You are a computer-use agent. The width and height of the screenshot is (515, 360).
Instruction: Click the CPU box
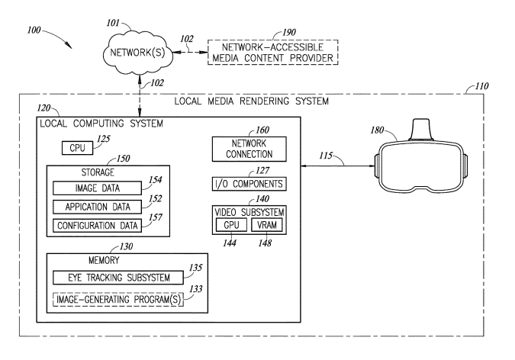click(78, 148)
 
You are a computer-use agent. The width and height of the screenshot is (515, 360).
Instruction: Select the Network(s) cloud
click(138, 53)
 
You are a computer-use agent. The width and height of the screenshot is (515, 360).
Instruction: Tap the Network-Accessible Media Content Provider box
click(273, 52)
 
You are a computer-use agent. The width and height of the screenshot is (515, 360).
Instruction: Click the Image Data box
click(97, 188)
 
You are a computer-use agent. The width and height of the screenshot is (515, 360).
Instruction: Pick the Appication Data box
click(97, 207)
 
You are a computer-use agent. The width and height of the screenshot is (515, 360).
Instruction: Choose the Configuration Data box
click(97, 226)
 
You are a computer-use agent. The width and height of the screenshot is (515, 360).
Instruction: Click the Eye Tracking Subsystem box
click(118, 278)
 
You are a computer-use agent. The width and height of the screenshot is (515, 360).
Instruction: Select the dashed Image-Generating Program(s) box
click(118, 299)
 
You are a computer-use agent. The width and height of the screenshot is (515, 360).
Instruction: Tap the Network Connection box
click(249, 149)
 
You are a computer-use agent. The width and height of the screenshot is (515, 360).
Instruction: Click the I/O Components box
click(249, 184)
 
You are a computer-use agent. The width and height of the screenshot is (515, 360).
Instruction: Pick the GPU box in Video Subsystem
click(231, 225)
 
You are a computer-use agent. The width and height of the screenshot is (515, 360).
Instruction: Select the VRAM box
click(267, 225)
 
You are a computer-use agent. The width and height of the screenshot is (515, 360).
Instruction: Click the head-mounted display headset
click(422, 157)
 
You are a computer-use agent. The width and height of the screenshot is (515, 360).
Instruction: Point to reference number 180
click(377, 130)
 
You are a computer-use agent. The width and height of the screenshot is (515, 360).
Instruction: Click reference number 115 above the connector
click(326, 156)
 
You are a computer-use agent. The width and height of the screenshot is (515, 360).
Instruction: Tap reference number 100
click(34, 31)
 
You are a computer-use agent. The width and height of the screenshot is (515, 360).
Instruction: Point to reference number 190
click(289, 32)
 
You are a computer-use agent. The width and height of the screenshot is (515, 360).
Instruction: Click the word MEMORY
click(104, 261)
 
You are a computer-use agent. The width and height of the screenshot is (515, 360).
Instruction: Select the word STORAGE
click(98, 172)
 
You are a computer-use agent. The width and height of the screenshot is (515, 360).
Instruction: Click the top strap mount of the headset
click(421, 130)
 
